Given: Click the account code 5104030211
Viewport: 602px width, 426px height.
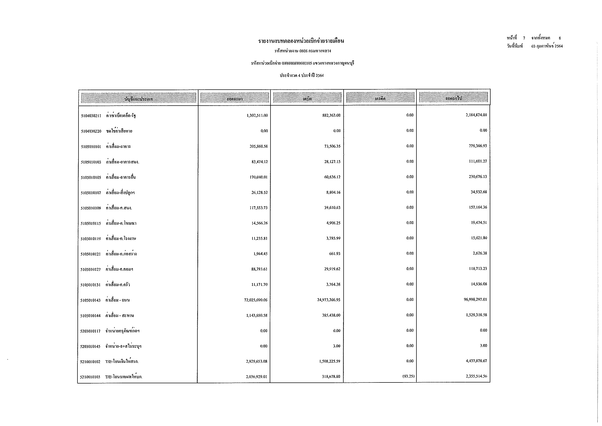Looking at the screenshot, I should pyautogui.click(x=91, y=116).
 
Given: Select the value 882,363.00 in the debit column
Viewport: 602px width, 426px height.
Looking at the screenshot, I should pyautogui.click(x=331, y=115).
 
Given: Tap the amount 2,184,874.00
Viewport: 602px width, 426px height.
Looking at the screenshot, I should pyautogui.click(x=476, y=115).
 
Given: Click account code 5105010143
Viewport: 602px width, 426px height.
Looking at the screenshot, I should pyautogui.click(x=90, y=300).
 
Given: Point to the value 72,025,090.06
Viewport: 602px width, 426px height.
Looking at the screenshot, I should pyautogui.click(x=256, y=300).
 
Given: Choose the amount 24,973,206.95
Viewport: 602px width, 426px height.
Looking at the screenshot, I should pyautogui.click(x=328, y=300).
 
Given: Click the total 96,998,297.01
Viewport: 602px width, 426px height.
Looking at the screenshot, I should pyautogui.click(x=475, y=299).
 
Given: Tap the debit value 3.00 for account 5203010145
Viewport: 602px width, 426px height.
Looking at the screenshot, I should pyautogui.click(x=337, y=346).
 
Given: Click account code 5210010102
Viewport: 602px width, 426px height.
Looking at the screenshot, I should pyautogui.click(x=90, y=362).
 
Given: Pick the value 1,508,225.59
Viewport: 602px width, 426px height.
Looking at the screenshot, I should pyautogui.click(x=328, y=361).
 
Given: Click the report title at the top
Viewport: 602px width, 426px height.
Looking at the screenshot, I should pyautogui.click(x=301, y=41).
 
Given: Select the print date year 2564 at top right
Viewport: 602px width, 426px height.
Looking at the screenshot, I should pyautogui.click(x=559, y=46).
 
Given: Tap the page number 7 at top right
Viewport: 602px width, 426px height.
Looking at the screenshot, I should pyautogui.click(x=524, y=38).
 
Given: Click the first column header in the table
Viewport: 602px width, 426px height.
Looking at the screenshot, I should pyautogui.click(x=138, y=99).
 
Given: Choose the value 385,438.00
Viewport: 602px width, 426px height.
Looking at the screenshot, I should pyautogui.click(x=331, y=315).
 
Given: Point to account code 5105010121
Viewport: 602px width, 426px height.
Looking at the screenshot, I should pyautogui.click(x=90, y=254).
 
